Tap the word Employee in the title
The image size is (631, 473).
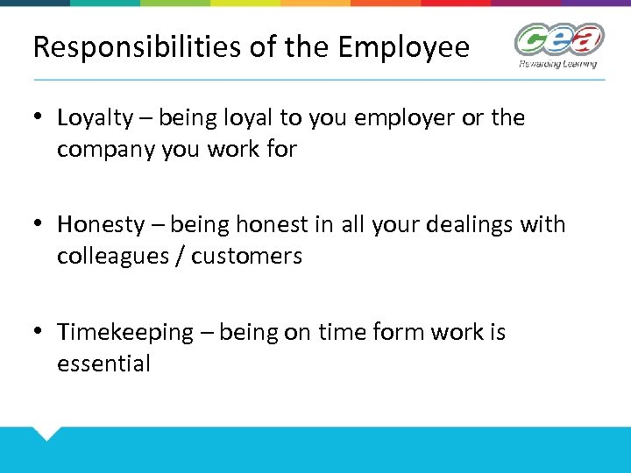click(408, 47)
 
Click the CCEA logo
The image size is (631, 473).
click(559, 39)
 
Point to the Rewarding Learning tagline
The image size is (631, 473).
click(557, 64)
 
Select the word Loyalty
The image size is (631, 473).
click(94, 118)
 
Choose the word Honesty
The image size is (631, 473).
click(100, 225)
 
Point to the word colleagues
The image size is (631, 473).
click(113, 257)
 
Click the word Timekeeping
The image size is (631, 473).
click(124, 333)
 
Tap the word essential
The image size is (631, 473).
click(103, 364)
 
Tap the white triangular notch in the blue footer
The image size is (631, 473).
click(45, 432)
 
